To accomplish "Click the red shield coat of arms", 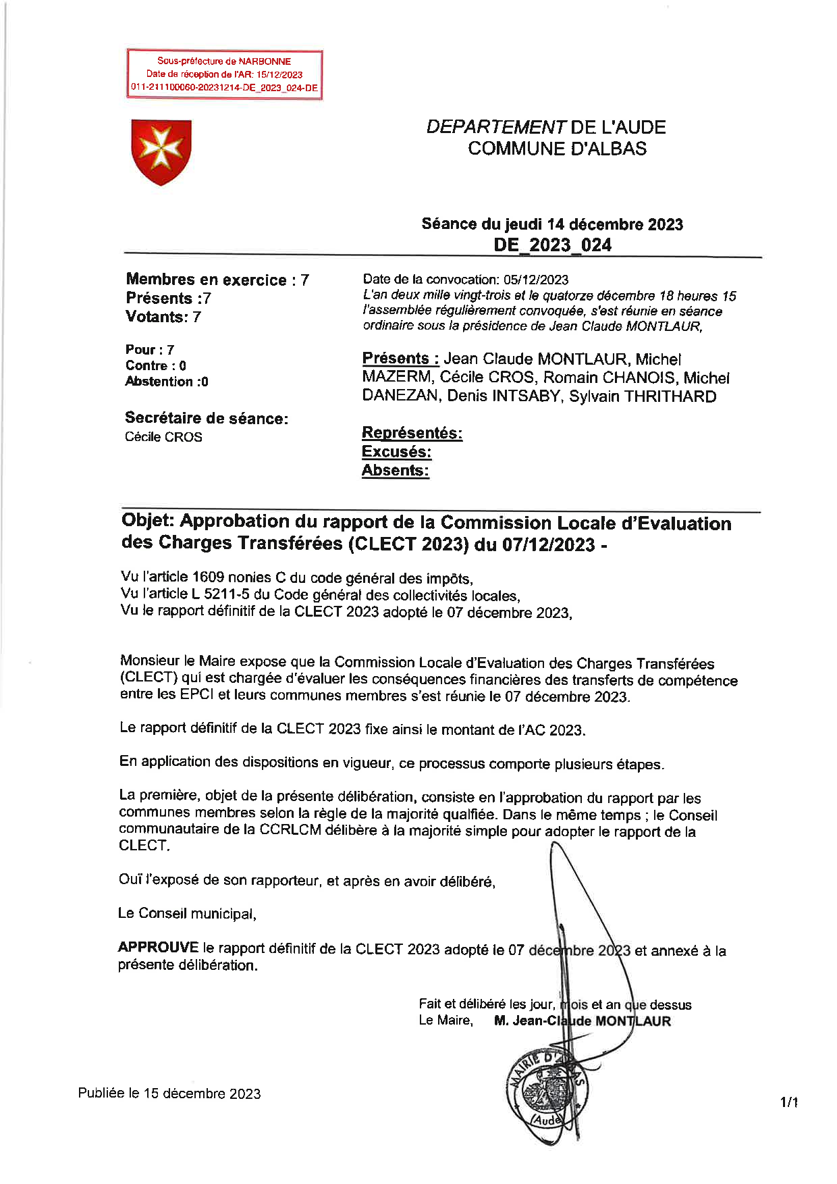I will tap(161, 151).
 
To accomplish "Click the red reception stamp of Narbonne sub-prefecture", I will tap(224, 74).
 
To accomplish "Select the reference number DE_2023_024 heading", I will tap(552, 244).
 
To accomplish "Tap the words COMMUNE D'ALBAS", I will tap(557, 149).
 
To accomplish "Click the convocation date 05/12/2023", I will tap(536, 280).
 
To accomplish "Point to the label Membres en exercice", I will tap(206, 280).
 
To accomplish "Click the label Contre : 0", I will tap(156, 365).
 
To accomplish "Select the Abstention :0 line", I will tap(167, 382).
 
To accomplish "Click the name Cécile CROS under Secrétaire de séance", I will tap(163, 437).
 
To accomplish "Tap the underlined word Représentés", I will tap(412, 433).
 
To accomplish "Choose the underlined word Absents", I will tap(395, 470).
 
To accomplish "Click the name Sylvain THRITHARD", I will tap(643, 396).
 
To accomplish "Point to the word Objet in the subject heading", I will tap(148, 521).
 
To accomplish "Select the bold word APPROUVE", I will tap(158, 947).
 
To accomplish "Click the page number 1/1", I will tap(789, 1103).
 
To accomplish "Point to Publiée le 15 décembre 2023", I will tap(169, 1093).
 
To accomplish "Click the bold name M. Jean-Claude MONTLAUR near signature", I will tap(582, 1021).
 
